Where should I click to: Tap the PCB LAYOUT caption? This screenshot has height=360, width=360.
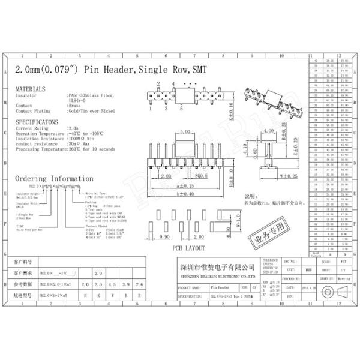pos(188,248)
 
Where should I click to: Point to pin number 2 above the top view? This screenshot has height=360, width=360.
pos(158,83)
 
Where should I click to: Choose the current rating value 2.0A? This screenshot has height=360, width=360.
pos(73,128)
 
